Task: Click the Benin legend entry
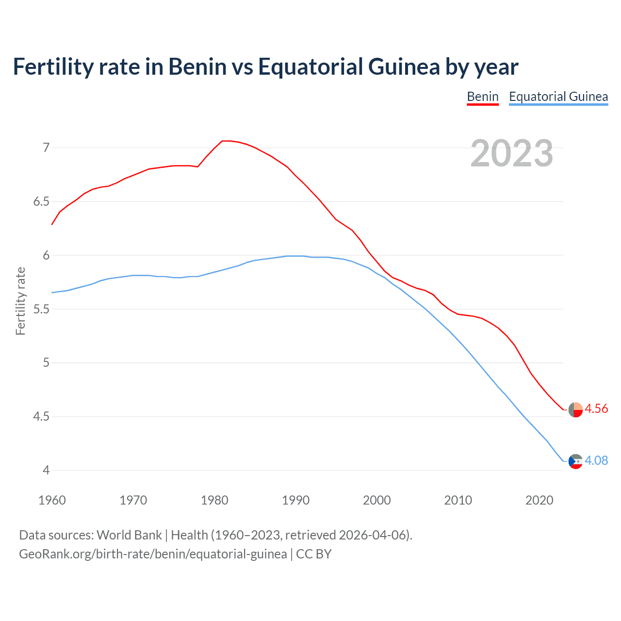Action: [x=482, y=97]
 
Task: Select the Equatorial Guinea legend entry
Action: [x=558, y=97]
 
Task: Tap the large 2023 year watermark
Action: [x=511, y=153]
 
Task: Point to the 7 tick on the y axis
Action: [x=46, y=147]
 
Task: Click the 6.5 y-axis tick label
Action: [x=41, y=201]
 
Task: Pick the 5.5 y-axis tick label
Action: [x=41, y=309]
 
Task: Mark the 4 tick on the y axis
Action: [x=46, y=470]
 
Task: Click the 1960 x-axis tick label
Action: [x=52, y=500]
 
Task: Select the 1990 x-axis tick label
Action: [x=295, y=500]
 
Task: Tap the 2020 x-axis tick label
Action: [x=539, y=500]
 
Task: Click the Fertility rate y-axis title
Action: [x=20, y=301]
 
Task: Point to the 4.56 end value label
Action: [x=596, y=409]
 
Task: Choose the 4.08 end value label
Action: [x=596, y=460]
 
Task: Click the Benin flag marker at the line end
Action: [x=575, y=409]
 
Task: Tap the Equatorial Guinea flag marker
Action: [x=575, y=461]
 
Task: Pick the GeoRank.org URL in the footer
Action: [x=153, y=554]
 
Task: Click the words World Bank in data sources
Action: [x=129, y=535]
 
